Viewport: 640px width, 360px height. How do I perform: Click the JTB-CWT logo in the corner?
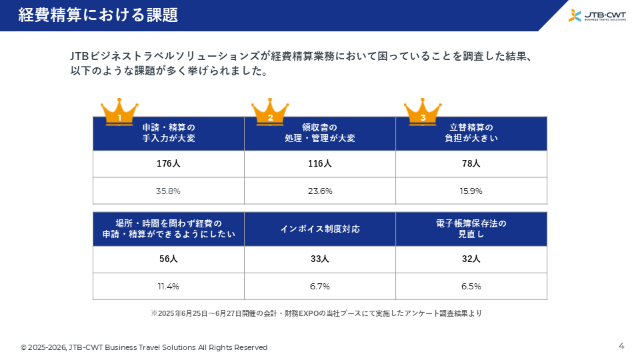(597, 15)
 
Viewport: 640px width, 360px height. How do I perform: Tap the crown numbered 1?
(119, 112)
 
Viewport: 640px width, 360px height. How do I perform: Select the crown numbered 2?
(270, 112)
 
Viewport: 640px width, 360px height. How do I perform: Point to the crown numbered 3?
(423, 112)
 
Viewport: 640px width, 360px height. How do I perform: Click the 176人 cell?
(168, 164)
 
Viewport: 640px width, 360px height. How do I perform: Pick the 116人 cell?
(319, 164)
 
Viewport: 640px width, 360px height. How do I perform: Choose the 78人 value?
(471, 164)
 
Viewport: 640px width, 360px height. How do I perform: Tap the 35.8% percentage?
(168, 191)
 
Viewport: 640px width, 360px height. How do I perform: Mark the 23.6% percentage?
(320, 191)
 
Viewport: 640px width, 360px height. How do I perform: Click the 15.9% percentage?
(471, 191)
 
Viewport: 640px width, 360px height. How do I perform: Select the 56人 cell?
(168, 259)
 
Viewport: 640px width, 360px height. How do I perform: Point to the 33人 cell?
(319, 259)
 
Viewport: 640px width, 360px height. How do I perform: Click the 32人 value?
(471, 259)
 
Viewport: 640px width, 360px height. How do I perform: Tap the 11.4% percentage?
(168, 287)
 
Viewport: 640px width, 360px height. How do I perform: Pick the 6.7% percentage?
(319, 287)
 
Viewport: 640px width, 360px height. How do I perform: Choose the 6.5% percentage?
(471, 287)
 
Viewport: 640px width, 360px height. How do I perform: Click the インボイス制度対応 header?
(320, 229)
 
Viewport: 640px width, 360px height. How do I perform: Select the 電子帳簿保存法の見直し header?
(471, 229)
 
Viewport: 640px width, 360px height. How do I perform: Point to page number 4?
(621, 346)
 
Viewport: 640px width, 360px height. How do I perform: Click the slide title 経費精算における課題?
(98, 15)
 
